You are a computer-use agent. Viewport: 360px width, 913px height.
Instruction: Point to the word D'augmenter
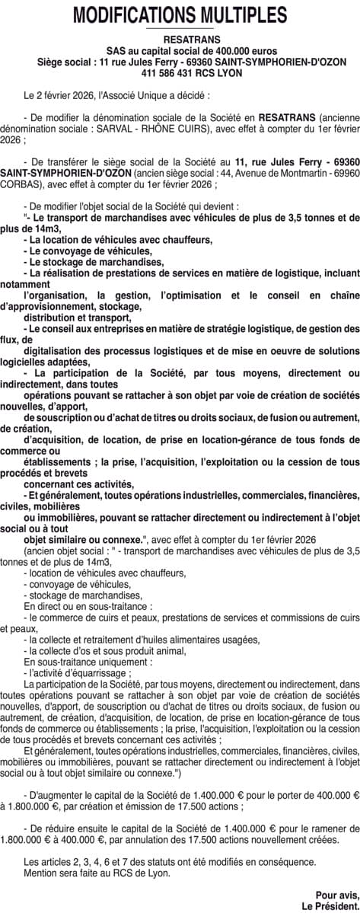(59, 773)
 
